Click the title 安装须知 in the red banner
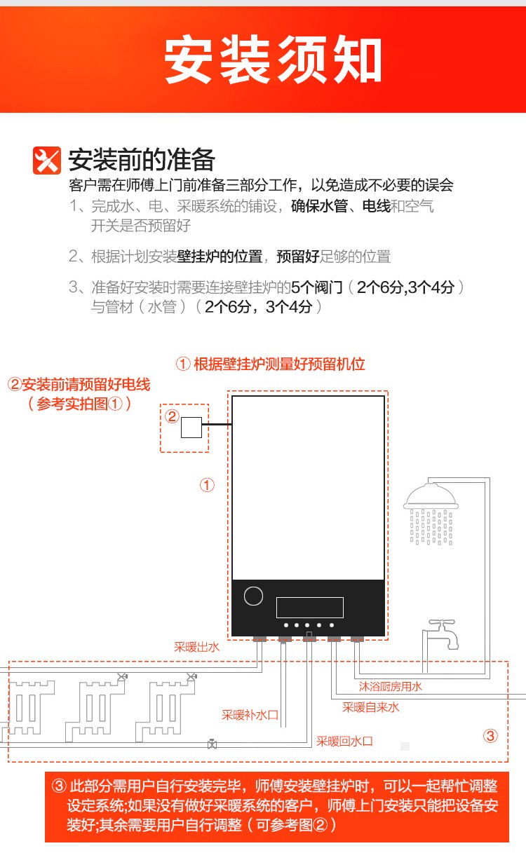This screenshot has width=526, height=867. click(273, 59)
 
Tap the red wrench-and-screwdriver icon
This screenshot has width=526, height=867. click(47, 161)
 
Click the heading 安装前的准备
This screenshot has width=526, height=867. click(142, 160)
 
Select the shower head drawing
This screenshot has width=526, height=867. click(431, 514)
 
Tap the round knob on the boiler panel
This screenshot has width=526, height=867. click(253, 596)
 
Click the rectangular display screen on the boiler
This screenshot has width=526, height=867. click(310, 607)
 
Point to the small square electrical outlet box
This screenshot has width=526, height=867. click(191, 428)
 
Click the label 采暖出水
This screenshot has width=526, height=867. click(197, 647)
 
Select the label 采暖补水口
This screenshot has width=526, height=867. click(250, 714)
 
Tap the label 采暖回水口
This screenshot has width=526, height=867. click(344, 742)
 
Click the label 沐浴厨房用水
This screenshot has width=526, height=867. click(390, 687)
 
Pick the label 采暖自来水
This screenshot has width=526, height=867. click(371, 707)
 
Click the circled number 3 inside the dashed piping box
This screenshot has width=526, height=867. click(490, 735)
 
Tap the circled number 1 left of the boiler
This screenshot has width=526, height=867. click(207, 485)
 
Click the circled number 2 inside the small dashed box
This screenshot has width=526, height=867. click(172, 416)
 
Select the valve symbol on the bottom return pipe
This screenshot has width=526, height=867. click(212, 744)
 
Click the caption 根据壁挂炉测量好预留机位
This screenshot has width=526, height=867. click(279, 364)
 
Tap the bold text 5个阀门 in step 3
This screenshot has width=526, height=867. click(317, 287)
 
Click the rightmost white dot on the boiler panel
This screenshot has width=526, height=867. click(332, 625)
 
